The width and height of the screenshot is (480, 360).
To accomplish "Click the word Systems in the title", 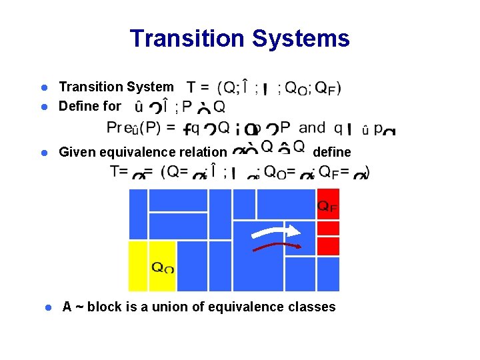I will [x=304, y=39].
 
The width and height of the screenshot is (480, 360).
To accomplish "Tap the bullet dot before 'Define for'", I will [x=41, y=107].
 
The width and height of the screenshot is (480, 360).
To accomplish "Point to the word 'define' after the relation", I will [x=331, y=152].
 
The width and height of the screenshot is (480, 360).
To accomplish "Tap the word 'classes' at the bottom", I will [x=313, y=307].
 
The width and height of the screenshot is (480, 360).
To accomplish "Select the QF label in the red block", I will [x=327, y=207].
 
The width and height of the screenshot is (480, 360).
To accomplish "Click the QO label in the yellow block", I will [x=163, y=268].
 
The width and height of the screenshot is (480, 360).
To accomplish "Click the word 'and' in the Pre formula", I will [x=313, y=127].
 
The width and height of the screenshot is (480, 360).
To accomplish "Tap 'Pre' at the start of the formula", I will [x=118, y=127].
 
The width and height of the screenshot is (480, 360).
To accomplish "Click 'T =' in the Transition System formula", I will [x=198, y=88].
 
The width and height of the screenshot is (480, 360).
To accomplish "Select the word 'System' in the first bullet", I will [x=148, y=87].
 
